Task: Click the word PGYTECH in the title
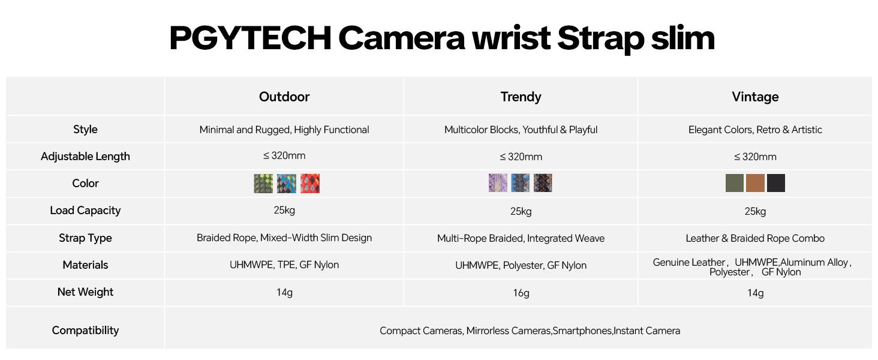point(249,38)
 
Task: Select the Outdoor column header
point(284,97)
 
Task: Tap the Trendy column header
point(521,97)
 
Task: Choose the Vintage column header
point(755,97)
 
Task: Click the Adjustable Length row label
point(85,157)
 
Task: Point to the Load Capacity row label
point(85,211)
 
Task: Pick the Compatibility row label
point(85,331)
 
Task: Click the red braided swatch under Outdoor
point(310,184)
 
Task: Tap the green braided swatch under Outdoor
point(263,184)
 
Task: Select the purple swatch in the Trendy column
point(498,183)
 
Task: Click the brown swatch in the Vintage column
point(755,183)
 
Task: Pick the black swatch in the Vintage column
point(775,183)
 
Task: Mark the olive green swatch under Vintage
point(734,183)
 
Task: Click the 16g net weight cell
point(521,293)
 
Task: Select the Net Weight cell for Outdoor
point(284,292)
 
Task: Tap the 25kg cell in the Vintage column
point(755,211)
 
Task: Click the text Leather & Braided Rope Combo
point(755,238)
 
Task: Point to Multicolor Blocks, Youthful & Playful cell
point(521,130)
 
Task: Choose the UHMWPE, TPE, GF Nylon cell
point(284,265)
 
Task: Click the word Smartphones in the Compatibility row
point(582,331)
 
